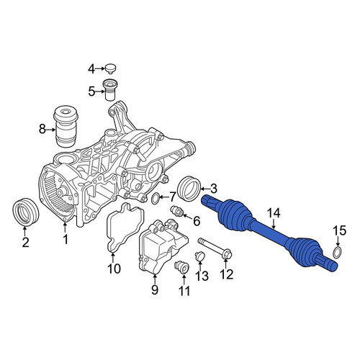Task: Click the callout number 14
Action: click(x=274, y=213)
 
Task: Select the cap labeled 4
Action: click(x=110, y=68)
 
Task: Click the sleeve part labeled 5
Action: click(x=109, y=90)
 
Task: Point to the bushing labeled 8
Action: click(x=65, y=127)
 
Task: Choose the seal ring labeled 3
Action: click(x=189, y=189)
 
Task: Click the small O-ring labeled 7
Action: click(x=156, y=198)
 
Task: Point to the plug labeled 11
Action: click(x=181, y=267)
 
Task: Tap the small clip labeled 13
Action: click(x=199, y=256)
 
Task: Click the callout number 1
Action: click(x=66, y=240)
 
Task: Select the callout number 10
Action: click(x=114, y=269)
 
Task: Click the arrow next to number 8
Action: click(x=50, y=130)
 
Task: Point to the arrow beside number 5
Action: click(x=100, y=91)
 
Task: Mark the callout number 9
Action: click(x=155, y=290)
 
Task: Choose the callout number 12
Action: click(x=226, y=274)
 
